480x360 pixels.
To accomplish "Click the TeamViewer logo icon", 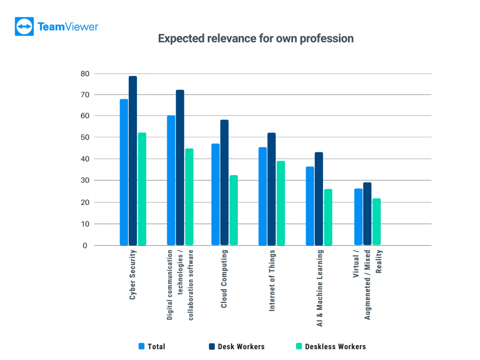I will tap(24, 27).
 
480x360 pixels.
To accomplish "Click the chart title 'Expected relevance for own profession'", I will tap(256, 38).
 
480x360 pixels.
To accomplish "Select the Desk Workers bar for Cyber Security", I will tap(133, 160).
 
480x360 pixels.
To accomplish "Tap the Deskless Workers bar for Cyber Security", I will tap(142, 188).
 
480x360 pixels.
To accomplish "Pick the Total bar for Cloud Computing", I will tap(215, 194).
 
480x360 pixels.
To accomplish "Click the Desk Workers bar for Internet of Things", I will tap(272, 189).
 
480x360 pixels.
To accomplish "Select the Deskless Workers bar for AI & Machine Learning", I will tap(328, 217).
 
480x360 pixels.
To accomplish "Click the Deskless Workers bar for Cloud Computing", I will tap(234, 210).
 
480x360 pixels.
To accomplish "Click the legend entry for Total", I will tap(152, 347).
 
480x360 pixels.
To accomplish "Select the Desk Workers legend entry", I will tap(237, 347).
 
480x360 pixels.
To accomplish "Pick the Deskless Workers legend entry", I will tap(331, 347).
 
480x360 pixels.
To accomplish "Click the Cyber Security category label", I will tap(133, 277).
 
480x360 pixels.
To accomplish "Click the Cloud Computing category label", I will tap(224, 279).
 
